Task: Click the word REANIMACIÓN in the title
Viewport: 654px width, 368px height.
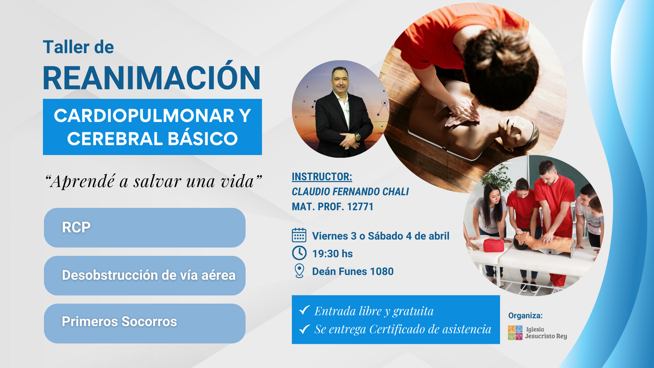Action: coord(152,76)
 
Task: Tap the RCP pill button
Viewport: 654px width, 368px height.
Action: coord(145,227)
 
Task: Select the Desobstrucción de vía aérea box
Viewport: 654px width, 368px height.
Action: coord(145,276)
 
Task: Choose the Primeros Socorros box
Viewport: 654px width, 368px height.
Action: coord(145,323)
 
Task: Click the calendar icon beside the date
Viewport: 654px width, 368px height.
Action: coord(299,236)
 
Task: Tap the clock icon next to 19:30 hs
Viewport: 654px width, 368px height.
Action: coord(299,253)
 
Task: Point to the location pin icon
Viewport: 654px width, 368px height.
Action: coord(299,271)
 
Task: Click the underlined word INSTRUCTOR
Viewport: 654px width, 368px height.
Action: coord(321,177)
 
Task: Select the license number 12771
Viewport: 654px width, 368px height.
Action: coord(360,207)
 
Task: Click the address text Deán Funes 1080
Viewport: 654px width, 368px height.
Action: coord(353,272)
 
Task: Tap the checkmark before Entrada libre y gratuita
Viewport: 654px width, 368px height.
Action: coord(304,310)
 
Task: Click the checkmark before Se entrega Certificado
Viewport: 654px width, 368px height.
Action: coord(304,329)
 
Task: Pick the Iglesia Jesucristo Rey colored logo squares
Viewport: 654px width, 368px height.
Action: coord(515,333)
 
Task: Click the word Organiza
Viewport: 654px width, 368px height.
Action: coord(525,316)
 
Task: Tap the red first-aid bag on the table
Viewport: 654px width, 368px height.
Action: coord(493,245)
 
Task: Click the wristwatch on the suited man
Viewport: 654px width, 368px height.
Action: coord(357,137)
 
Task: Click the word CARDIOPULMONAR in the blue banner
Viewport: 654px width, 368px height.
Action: coord(144,116)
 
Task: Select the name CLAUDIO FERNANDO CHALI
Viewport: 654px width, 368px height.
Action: coord(350,192)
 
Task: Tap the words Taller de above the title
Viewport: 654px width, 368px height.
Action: coord(78,47)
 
